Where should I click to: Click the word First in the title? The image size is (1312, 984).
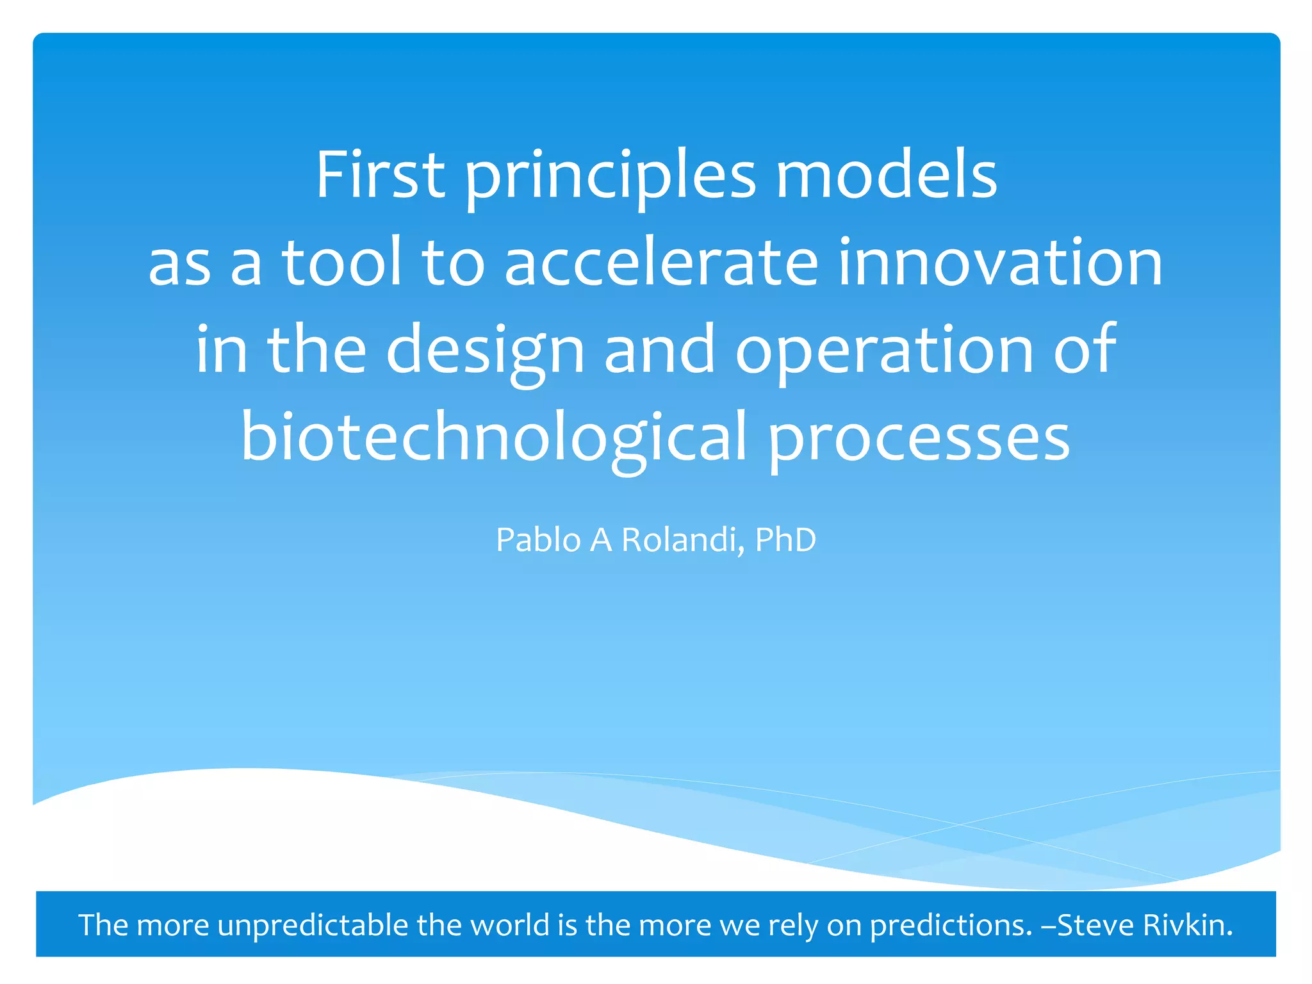(380, 175)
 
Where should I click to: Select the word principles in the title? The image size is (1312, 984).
(611, 176)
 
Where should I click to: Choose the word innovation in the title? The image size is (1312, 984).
(1000, 262)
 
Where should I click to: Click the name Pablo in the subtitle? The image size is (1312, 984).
(538, 540)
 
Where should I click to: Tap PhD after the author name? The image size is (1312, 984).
(785, 539)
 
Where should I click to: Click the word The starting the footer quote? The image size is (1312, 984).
(103, 924)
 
